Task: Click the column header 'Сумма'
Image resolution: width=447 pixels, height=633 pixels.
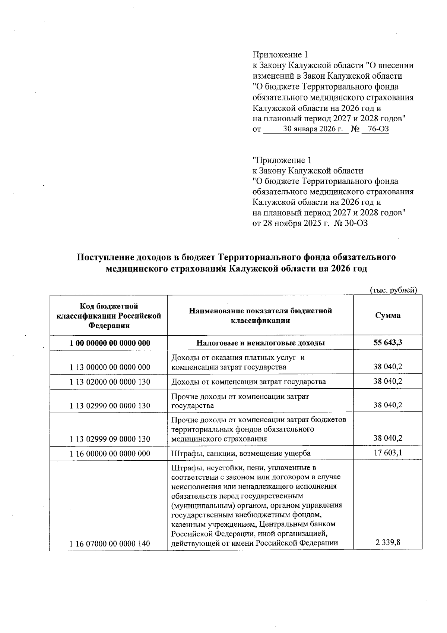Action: click(388, 315)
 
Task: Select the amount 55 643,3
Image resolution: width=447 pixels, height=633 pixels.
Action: click(388, 343)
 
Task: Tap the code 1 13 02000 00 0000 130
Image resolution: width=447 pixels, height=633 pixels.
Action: click(110, 382)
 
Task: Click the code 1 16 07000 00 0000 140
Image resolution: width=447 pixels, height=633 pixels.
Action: click(110, 544)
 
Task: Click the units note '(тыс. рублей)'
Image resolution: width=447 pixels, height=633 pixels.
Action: click(393, 290)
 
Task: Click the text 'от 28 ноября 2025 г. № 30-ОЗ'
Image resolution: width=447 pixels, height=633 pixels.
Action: click(310, 223)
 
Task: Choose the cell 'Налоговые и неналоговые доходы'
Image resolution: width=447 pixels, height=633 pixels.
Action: click(260, 343)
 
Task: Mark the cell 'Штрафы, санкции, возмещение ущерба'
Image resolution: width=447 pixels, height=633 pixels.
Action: click(241, 453)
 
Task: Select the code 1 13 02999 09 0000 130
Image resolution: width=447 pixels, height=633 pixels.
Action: click(110, 439)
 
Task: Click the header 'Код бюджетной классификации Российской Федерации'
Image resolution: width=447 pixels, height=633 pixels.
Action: click(109, 316)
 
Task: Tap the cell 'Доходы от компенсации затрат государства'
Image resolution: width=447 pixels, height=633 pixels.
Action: click(248, 382)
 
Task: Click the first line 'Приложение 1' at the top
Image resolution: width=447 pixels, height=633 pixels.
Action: click(280, 55)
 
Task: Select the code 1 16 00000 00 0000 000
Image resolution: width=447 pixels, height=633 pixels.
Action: click(110, 454)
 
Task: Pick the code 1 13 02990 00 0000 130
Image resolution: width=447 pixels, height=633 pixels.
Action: click(110, 406)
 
